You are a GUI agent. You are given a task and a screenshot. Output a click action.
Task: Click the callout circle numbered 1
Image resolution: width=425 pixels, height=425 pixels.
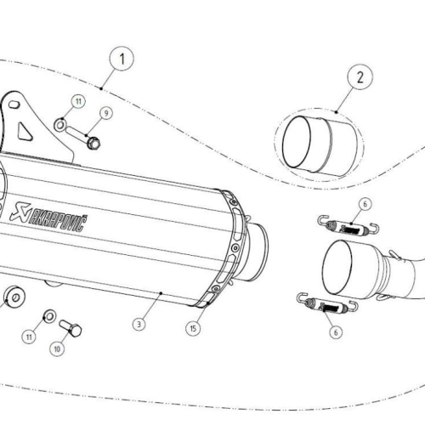pyautogui.click(x=122, y=59)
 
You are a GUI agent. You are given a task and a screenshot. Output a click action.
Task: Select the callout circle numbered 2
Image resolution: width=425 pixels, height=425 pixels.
pyautogui.click(x=360, y=77)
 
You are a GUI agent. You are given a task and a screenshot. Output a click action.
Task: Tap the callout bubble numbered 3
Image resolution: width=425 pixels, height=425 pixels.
pyautogui.click(x=139, y=324)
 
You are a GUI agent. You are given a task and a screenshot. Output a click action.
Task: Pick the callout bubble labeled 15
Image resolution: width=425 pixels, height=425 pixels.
pyautogui.click(x=193, y=328)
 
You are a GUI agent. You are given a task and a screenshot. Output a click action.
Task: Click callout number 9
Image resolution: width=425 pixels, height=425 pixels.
pyautogui.click(x=106, y=113)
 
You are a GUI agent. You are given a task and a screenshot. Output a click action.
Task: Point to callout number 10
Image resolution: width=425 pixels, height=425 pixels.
pyautogui.click(x=57, y=348)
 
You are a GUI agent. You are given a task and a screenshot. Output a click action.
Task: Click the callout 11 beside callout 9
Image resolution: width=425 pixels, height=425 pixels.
pyautogui.click(x=78, y=101)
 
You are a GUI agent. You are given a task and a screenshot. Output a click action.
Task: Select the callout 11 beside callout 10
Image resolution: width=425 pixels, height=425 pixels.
pyautogui.click(x=29, y=337)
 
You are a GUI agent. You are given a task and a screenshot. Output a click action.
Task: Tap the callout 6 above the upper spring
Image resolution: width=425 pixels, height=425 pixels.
pyautogui.click(x=365, y=204)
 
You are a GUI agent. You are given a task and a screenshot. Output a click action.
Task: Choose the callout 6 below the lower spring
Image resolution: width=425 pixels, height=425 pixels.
pyautogui.click(x=336, y=332)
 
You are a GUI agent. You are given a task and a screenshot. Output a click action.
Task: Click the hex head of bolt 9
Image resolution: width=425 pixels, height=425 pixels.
pyautogui.click(x=93, y=143)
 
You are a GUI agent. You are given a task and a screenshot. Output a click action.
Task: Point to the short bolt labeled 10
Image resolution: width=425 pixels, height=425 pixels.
pyautogui.click(x=71, y=328)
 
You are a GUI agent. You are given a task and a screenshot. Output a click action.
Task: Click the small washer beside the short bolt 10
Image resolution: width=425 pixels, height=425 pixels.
pyautogui.click(x=49, y=316)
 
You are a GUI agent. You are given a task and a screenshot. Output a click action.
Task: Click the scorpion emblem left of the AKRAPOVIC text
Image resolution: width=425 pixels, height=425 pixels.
pyautogui.click(x=20, y=211)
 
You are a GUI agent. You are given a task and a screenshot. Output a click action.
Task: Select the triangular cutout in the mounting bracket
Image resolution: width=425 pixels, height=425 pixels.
pyautogui.click(x=25, y=131)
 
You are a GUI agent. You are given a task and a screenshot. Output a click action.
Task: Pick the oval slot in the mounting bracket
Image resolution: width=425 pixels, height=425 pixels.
pyautogui.click(x=14, y=105)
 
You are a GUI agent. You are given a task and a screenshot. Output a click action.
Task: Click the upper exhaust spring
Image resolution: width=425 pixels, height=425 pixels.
pyautogui.click(x=348, y=225)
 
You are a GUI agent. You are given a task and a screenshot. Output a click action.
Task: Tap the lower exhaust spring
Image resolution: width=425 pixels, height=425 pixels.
pyautogui.click(x=327, y=303)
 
